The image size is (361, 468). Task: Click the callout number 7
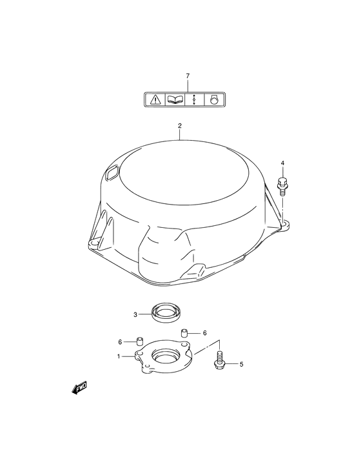188,76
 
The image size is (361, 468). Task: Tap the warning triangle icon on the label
155,99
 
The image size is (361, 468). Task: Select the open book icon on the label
175,99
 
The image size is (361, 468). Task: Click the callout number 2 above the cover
180,126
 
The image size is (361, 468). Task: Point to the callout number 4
282,163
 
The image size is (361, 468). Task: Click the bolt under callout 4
281,187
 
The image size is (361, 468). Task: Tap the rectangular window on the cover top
112,173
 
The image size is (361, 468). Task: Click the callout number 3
135,314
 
